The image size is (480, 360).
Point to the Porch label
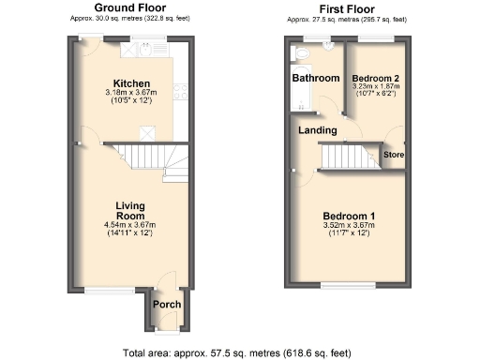tap(167, 305)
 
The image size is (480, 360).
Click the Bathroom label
tap(315, 78)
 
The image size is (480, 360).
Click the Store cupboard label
tap(394, 154)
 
